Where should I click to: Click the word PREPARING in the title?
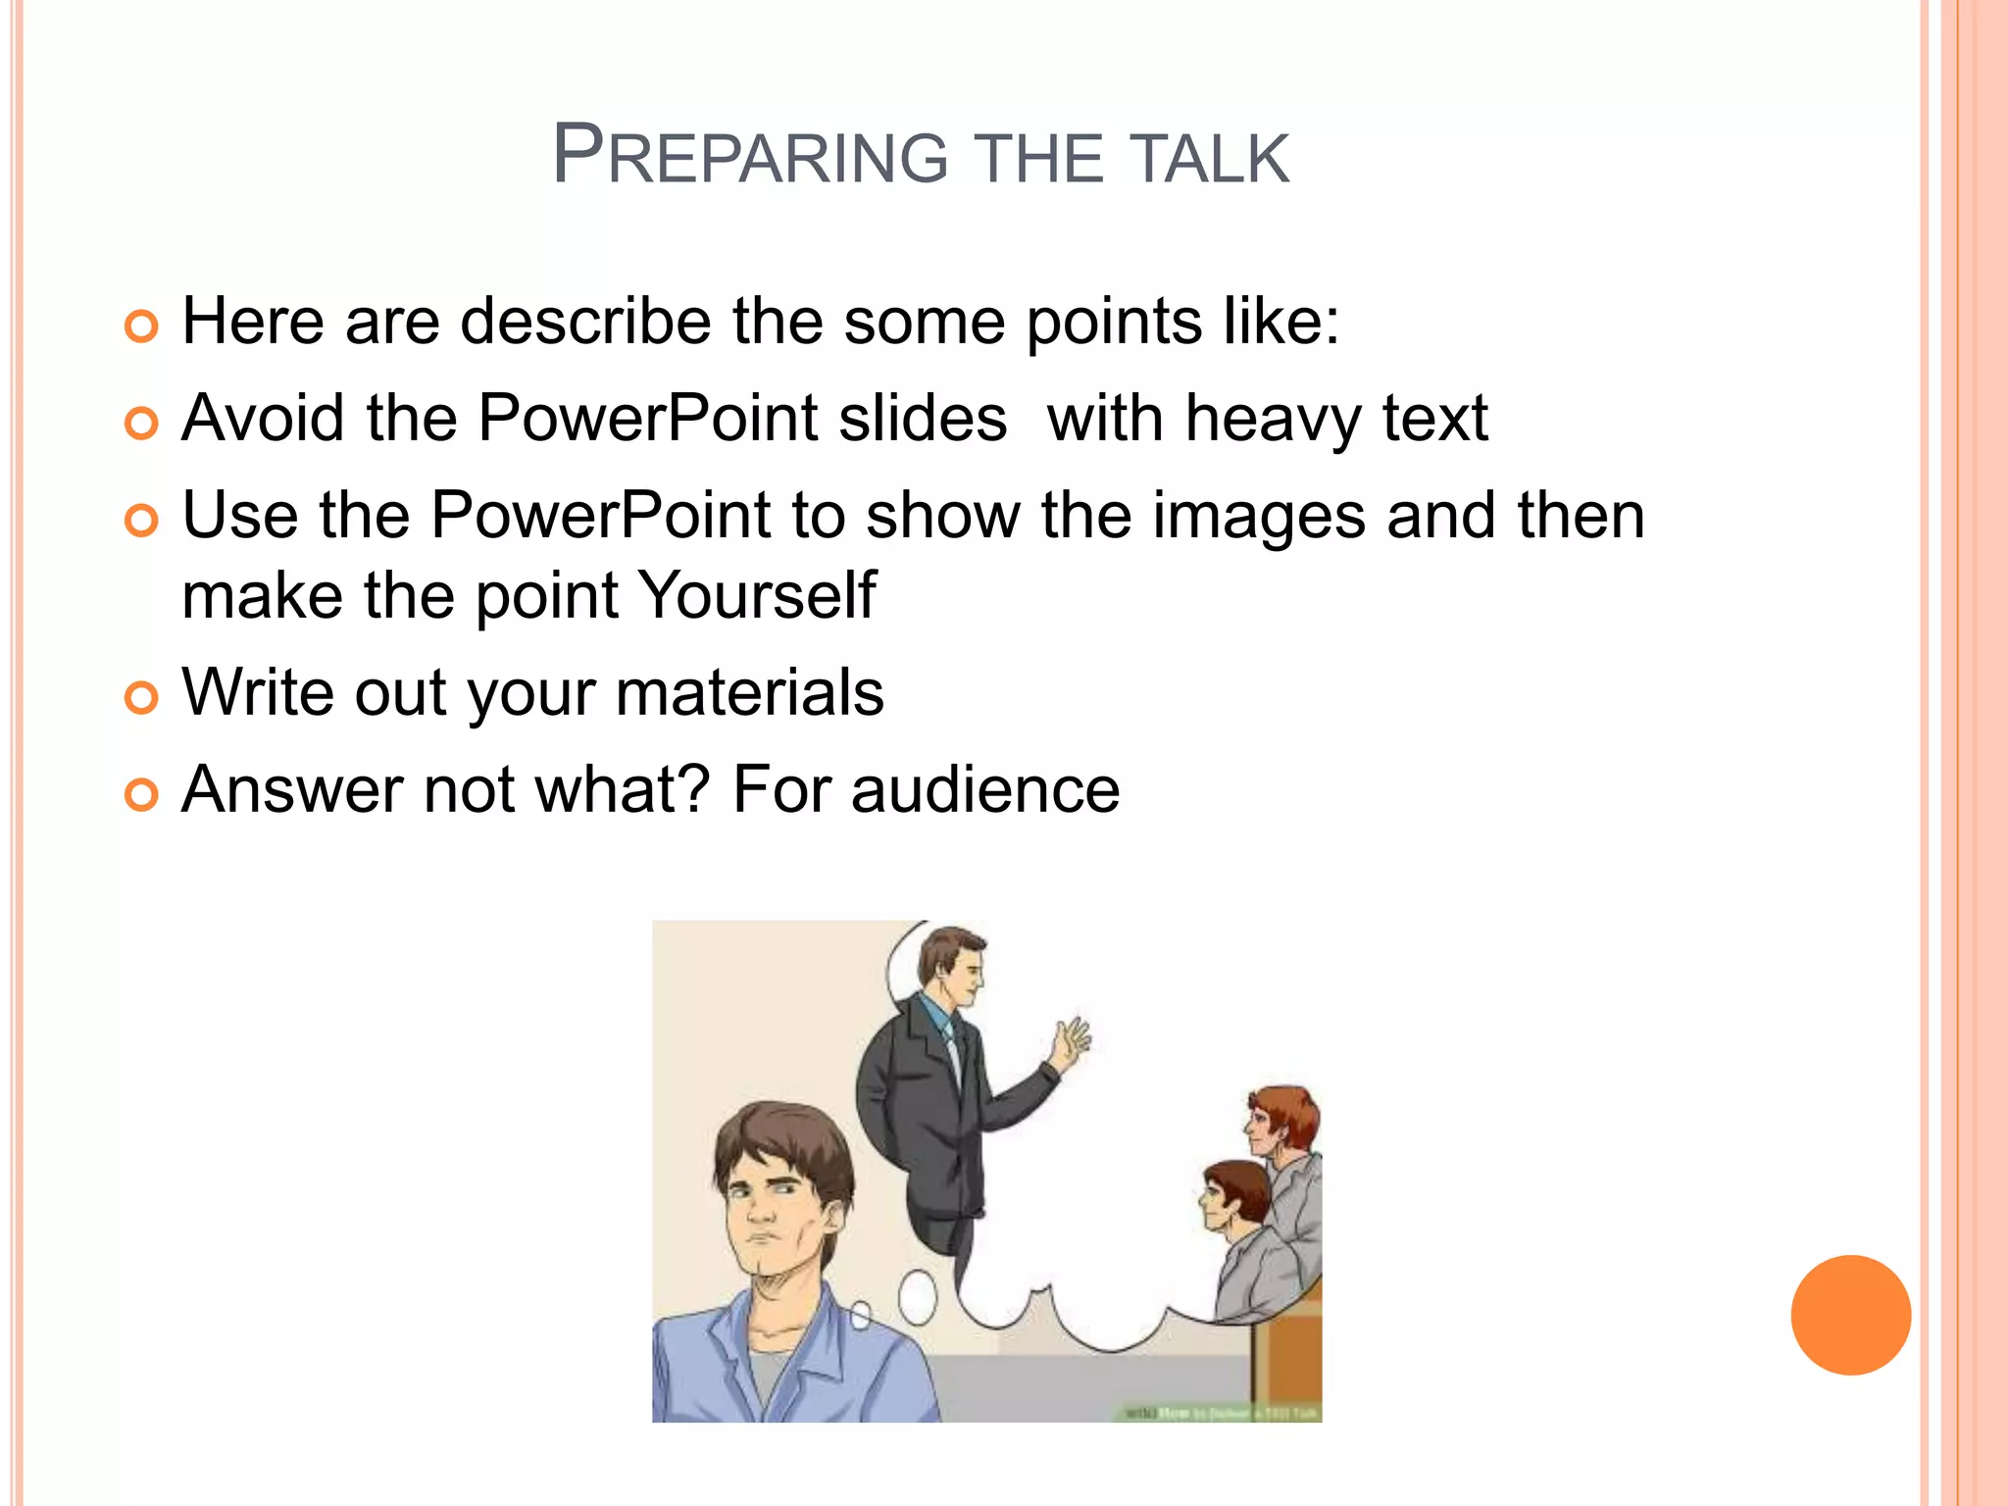tap(750, 157)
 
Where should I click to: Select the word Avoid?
tap(263, 419)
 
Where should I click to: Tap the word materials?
tap(749, 693)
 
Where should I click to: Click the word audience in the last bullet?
tap(984, 790)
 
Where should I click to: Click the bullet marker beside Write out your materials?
tap(141, 697)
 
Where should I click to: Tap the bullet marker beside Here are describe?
tap(141, 326)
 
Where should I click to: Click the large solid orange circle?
tap(1850, 1315)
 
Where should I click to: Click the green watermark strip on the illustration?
tap(1220, 1413)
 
